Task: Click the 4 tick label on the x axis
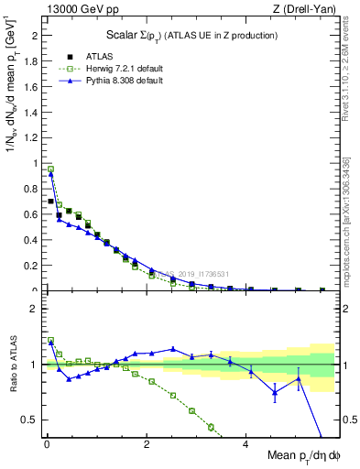pyautogui.click(x=245, y=444)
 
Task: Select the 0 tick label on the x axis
pyautogui.click(x=47, y=444)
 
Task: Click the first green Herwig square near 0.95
pyautogui.click(x=50, y=169)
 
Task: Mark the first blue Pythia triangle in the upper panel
pyautogui.click(x=50, y=174)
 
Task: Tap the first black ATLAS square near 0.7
pyautogui.click(x=50, y=201)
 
